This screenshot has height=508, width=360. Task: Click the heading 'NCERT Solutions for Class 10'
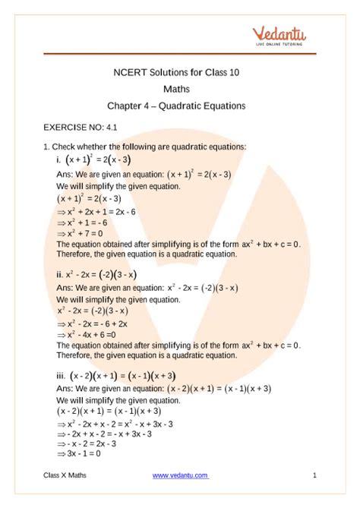pos(180,74)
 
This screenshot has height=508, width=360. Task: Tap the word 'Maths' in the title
pos(180,90)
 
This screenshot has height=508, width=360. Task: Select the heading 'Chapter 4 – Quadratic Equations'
pos(180,106)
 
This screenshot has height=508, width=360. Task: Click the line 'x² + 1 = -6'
pos(84,222)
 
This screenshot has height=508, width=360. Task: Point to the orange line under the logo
pos(180,54)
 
